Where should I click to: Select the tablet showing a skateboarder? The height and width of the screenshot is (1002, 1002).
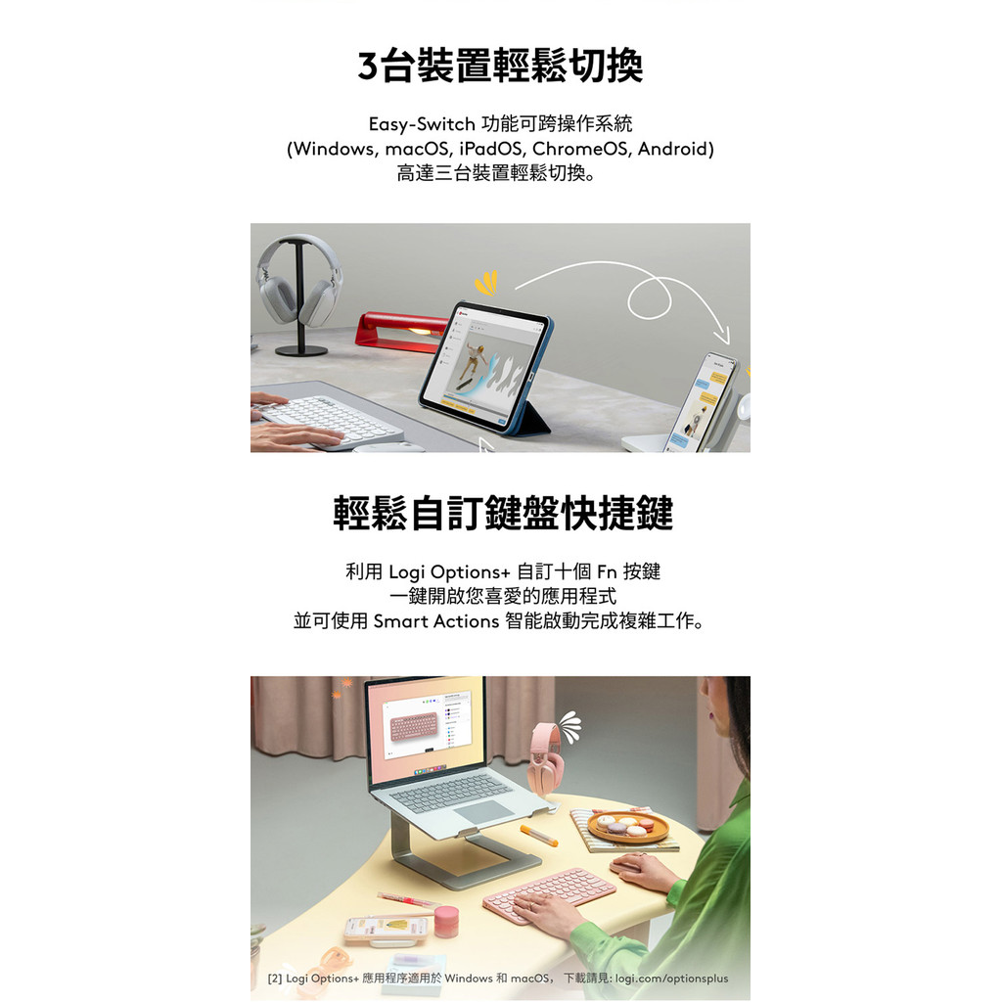coord(484,365)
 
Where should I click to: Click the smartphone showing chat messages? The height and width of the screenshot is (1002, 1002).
coord(699,402)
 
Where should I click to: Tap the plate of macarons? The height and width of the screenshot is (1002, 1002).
coord(627,828)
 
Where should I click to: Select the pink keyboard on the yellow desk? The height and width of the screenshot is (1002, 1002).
coord(549,893)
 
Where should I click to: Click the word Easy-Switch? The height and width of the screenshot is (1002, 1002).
coord(422,124)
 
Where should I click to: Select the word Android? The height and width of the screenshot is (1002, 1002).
coord(673,149)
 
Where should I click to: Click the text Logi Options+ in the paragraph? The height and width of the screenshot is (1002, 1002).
coord(449,571)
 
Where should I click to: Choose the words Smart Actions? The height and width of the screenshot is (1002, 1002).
coord(435,621)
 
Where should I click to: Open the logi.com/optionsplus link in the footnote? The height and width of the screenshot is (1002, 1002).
coord(671,979)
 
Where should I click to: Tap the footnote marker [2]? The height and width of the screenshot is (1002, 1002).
coord(275,979)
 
